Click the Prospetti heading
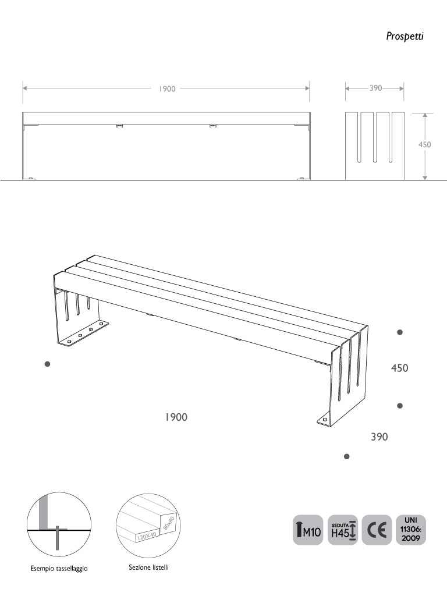[x=405, y=36]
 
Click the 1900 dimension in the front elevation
[x=167, y=89]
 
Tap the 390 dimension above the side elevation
[x=375, y=88]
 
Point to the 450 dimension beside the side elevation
[x=425, y=144]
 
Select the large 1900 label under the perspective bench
[x=175, y=417]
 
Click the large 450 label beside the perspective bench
[x=399, y=368]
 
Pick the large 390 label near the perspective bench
[x=379, y=437]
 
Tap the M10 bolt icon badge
[x=307, y=530]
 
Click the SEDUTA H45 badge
[x=343, y=530]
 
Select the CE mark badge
[x=377, y=530]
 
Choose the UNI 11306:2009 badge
[x=411, y=528]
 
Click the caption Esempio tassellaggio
[x=59, y=569]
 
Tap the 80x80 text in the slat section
[x=169, y=521]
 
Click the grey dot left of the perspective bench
[x=48, y=364]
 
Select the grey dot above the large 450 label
[x=400, y=332]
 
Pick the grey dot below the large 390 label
[x=346, y=457]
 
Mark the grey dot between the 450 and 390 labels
[x=400, y=405]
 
